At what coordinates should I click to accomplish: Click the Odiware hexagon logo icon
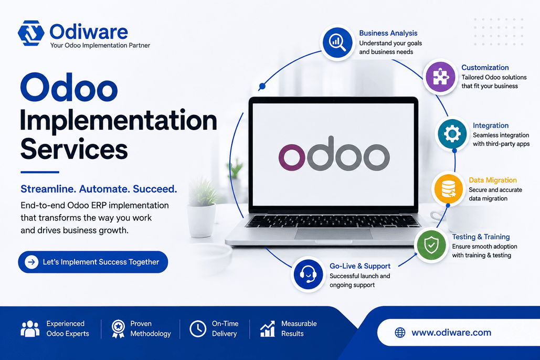[x=31, y=33]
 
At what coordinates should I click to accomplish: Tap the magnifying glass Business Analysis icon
[x=337, y=43]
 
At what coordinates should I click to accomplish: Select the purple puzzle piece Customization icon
[x=440, y=77]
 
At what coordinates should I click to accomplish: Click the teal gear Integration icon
[x=452, y=134]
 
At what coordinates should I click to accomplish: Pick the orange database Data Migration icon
[x=448, y=188]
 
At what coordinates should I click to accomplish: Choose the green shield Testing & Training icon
[x=431, y=245]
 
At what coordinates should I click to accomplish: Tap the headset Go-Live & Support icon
[x=308, y=274]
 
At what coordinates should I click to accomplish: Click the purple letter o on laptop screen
[x=292, y=157]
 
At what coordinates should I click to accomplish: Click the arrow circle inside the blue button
[x=31, y=262]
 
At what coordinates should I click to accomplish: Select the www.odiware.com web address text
[x=451, y=332]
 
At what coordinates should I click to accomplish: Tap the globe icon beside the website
[x=400, y=332]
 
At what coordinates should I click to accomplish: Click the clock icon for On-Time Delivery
[x=198, y=329]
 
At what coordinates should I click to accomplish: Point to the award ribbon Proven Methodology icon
[x=118, y=329]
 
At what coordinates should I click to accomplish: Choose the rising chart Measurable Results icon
[x=268, y=329]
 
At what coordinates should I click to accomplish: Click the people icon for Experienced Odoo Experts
[x=30, y=329]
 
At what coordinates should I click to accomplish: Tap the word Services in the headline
[x=74, y=149]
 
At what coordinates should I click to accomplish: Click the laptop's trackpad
[x=334, y=234]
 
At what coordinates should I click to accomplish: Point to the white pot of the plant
[x=201, y=220]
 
